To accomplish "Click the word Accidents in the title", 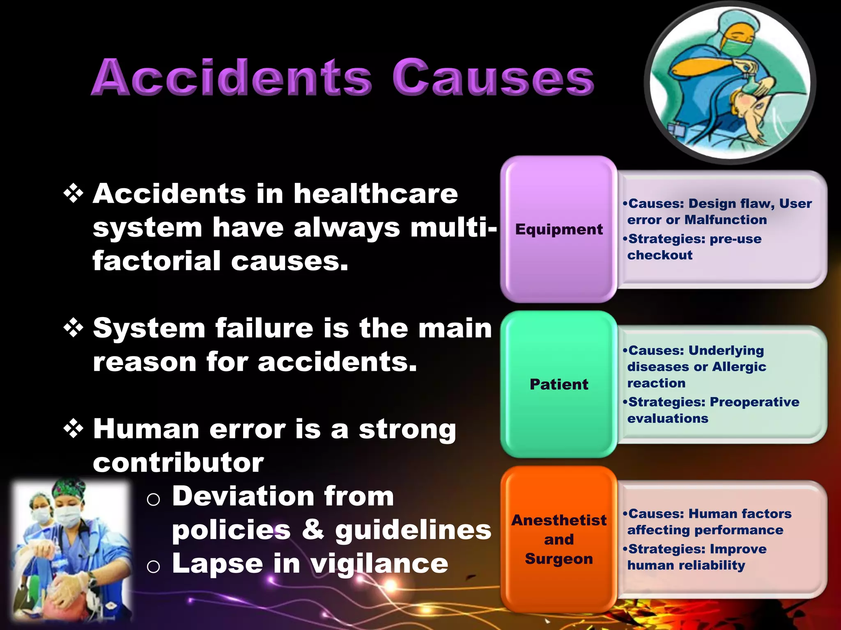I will pyautogui.click(x=232, y=78).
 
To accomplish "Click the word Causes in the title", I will pyautogui.click(x=493, y=78).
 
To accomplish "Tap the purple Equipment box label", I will pyautogui.click(x=559, y=229).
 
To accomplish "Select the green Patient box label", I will pyautogui.click(x=559, y=384).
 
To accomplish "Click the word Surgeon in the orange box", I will pyautogui.click(x=559, y=559).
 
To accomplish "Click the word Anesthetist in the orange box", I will pyautogui.click(x=559, y=520).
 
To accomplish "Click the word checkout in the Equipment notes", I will pyautogui.click(x=659, y=255).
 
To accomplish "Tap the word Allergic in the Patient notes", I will pyautogui.click(x=739, y=367).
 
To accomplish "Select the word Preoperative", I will pyautogui.click(x=755, y=402).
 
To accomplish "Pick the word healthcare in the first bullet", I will pyautogui.click(x=375, y=194).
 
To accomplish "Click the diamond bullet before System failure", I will pyautogui.click(x=74, y=328).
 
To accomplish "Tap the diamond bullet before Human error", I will pyautogui.click(x=74, y=429).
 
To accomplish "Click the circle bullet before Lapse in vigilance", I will pyautogui.click(x=153, y=567).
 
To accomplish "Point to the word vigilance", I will pyautogui.click(x=379, y=564).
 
